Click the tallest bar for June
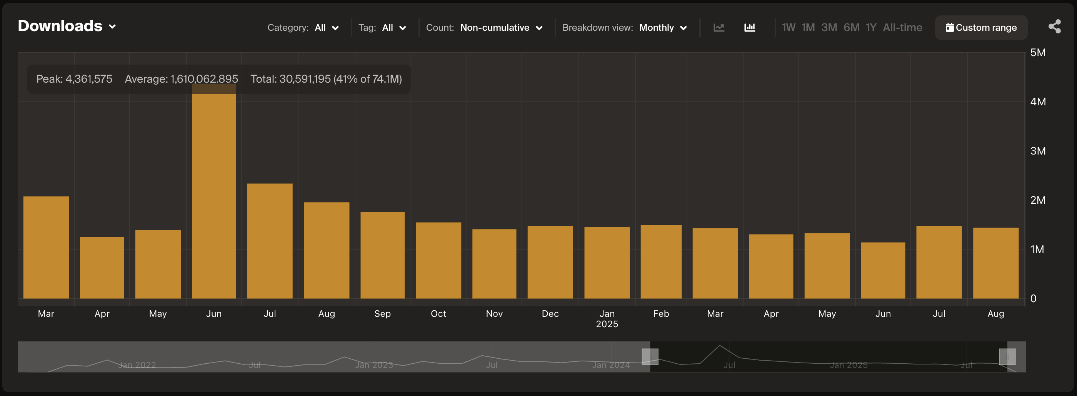click(213, 196)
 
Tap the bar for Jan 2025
click(607, 263)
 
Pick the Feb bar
click(660, 262)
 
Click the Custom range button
click(981, 28)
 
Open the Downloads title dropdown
click(67, 26)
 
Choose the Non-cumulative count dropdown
click(501, 28)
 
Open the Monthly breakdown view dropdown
click(663, 28)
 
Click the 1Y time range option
click(870, 28)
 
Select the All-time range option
click(902, 28)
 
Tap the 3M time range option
click(829, 28)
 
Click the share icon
click(1054, 26)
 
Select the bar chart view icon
click(750, 28)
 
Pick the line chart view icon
click(719, 28)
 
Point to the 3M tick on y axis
click(1038, 151)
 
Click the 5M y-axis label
click(1038, 53)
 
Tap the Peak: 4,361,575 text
click(74, 79)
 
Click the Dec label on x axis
click(550, 313)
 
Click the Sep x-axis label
click(382, 313)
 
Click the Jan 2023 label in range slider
click(374, 365)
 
